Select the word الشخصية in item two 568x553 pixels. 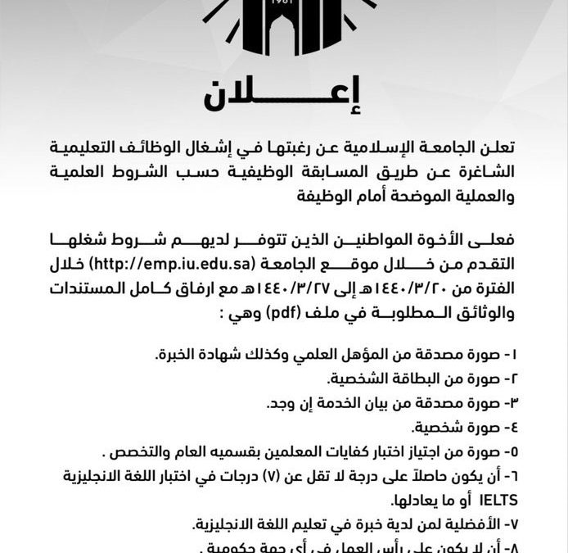[362, 380]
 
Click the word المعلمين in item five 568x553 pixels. [304, 451]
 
